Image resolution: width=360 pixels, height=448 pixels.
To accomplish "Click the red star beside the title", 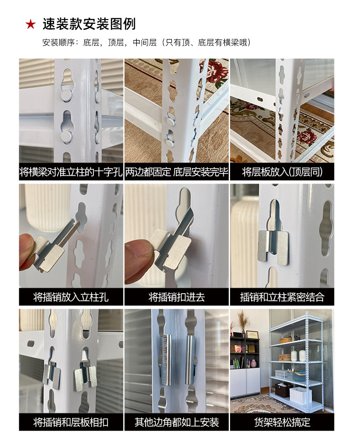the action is [31, 24].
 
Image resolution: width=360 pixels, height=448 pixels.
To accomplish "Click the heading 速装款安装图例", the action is [89, 24].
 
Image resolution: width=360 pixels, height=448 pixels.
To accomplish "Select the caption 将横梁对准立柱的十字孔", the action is [71, 172].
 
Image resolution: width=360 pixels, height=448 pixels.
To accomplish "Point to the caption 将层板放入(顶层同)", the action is [282, 172].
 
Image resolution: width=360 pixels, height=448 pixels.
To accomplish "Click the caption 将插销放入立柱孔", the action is [71, 297].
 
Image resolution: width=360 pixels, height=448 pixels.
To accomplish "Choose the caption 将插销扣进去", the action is [177, 297].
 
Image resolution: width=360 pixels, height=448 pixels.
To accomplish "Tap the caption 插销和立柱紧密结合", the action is [282, 297].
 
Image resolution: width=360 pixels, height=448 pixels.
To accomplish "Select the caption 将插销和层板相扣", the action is [71, 423].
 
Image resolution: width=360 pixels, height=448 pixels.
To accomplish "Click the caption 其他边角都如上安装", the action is [177, 423].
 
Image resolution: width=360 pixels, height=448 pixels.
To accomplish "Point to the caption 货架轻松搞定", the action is [282, 423].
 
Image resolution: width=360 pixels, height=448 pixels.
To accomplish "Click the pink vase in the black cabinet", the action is [254, 363].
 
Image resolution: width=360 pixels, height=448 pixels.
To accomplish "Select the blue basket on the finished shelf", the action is [298, 376].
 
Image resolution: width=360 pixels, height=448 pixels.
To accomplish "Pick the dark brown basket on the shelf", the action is [283, 390].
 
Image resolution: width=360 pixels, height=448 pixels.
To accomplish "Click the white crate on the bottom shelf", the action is [300, 396].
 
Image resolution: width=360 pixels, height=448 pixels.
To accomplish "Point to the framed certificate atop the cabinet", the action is [252, 335].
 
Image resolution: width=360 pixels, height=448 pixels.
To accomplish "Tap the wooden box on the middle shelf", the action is [285, 357].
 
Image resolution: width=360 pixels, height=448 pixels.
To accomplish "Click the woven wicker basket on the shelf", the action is [286, 340].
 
